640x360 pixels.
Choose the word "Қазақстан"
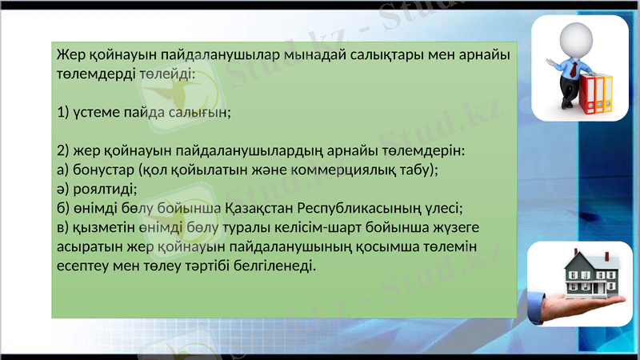click(x=260, y=208)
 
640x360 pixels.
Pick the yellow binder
click(x=606, y=94)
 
